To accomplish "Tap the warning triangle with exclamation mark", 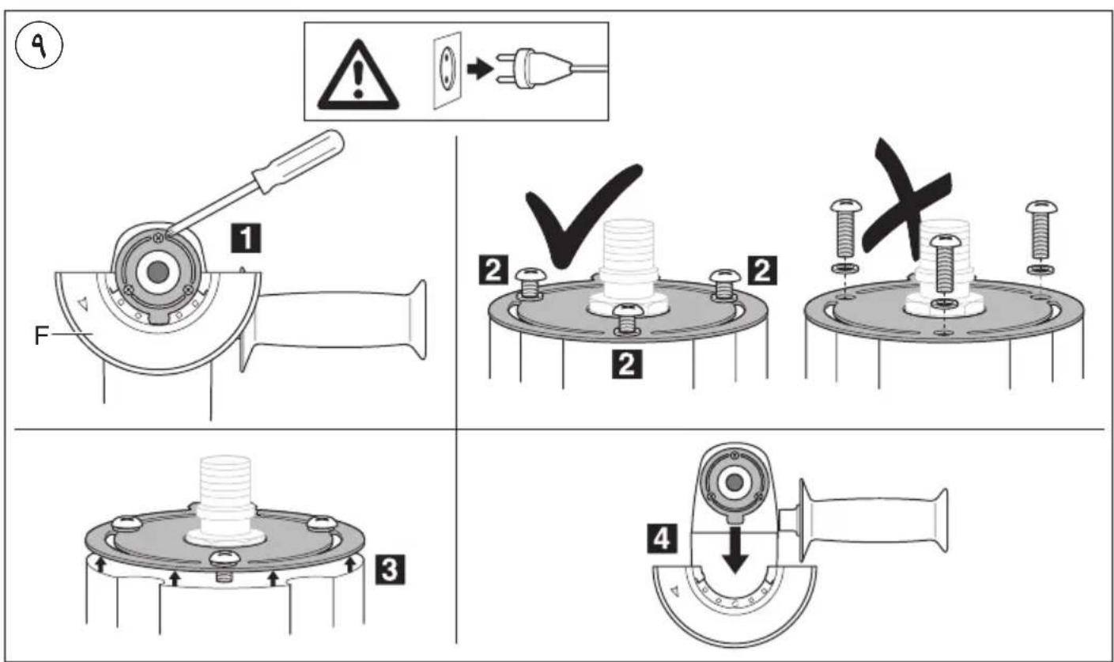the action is pyautogui.click(x=358, y=76).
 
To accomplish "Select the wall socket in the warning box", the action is pyautogui.click(x=447, y=70).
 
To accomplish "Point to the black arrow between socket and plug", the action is pyautogui.click(x=480, y=69).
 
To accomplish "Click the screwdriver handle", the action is pyautogui.click(x=297, y=161).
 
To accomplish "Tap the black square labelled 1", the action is pyautogui.click(x=246, y=238).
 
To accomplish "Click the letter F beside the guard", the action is pyautogui.click(x=41, y=335).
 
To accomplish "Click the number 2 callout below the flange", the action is pyautogui.click(x=627, y=364).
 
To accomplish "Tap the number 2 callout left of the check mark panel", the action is pyautogui.click(x=493, y=270).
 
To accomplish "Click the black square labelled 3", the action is pyautogui.click(x=390, y=569).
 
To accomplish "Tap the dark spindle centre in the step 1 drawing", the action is pyautogui.click(x=157, y=272).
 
